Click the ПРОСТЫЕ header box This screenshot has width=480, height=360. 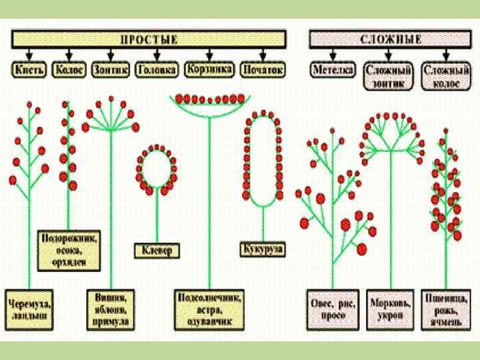point(149,39)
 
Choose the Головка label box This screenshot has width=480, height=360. point(157,69)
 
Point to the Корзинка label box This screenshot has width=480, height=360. point(209,69)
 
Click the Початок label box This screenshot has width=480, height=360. point(263,69)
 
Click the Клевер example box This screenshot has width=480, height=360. point(157,251)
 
